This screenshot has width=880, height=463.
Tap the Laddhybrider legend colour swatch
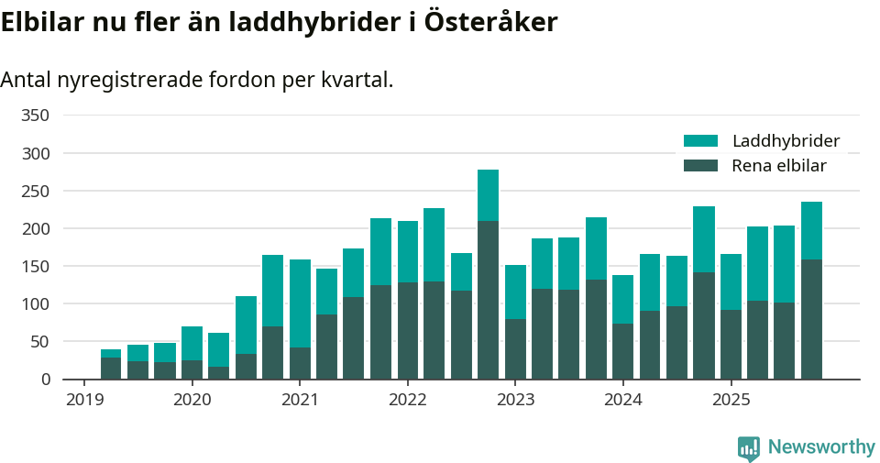coord(701,141)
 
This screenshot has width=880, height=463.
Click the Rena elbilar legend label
coord(779,166)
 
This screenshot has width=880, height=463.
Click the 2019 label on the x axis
coord(83,400)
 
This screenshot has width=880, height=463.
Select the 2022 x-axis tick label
coord(407,400)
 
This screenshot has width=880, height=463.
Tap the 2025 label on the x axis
coord(731,400)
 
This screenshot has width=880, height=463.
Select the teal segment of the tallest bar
coord(488,195)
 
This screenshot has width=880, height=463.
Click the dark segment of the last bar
coord(811,319)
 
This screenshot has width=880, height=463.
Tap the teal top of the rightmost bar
coord(811,230)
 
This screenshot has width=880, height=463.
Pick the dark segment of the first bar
coord(111,368)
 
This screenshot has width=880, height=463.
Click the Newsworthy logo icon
coord(749,447)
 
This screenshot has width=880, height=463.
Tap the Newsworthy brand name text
coord(821,447)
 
